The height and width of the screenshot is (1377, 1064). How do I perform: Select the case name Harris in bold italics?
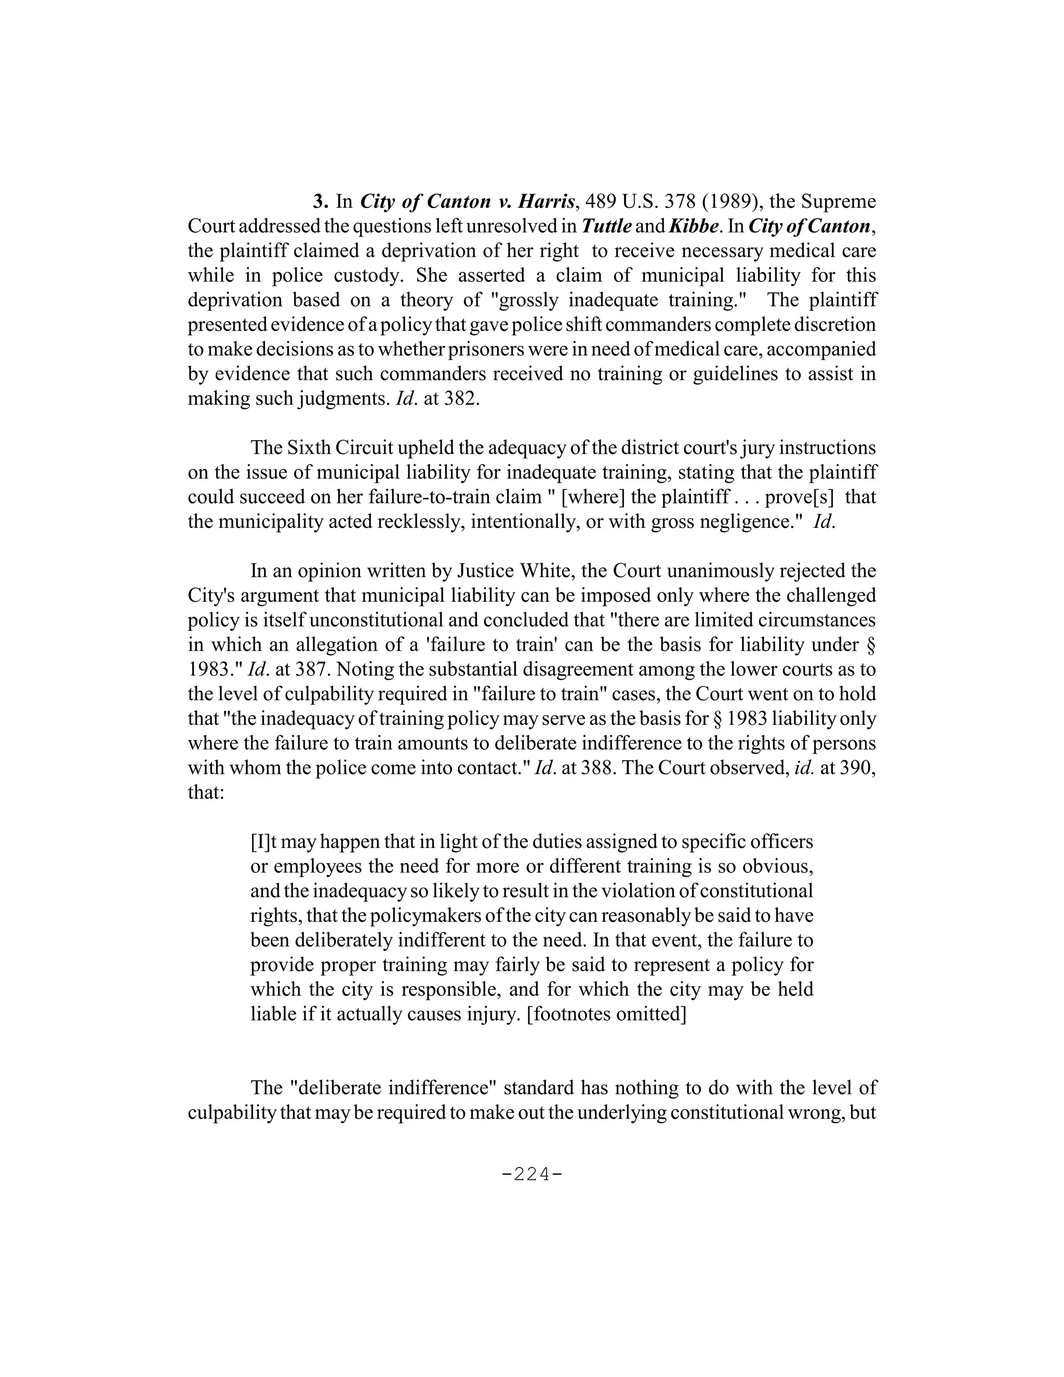point(546,202)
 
